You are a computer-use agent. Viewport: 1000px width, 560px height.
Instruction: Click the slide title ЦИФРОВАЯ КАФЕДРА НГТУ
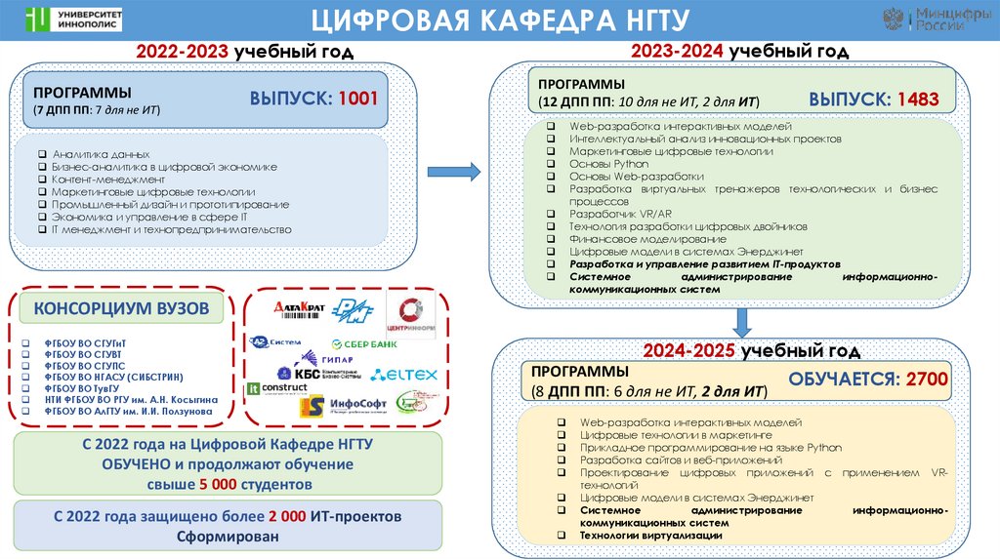pyautogui.click(x=499, y=19)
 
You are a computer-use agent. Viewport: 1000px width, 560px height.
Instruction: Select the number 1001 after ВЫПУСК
pyautogui.click(x=357, y=99)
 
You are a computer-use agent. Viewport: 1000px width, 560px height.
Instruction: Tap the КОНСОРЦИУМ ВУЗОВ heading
pyautogui.click(x=122, y=309)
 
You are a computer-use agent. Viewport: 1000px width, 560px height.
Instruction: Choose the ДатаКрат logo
pyautogui.click(x=299, y=308)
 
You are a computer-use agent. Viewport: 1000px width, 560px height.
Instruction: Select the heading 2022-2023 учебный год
pyautogui.click(x=230, y=50)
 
